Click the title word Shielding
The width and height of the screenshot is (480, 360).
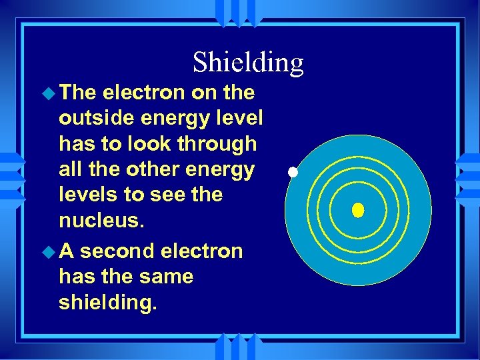248,63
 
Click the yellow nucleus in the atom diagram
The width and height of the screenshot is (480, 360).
358,211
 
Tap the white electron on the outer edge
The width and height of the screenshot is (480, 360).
292,173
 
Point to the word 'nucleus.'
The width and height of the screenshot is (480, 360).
100,220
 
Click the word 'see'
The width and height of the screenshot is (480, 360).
173,195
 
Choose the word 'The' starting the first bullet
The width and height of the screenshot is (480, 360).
77,93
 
